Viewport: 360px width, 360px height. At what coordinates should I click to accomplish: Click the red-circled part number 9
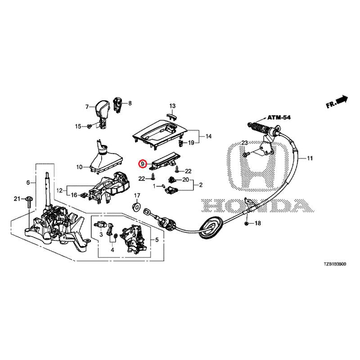143,164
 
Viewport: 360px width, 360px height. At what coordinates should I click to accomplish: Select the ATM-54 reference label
279,117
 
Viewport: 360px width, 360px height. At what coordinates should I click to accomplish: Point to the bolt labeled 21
29,202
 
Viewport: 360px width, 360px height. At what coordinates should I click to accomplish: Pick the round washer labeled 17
137,207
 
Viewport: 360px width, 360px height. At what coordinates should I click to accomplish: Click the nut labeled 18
246,223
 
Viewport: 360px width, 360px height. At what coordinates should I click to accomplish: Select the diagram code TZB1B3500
335,264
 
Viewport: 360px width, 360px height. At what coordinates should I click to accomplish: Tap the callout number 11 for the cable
310,158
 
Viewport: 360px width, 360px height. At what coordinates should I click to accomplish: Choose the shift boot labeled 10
106,158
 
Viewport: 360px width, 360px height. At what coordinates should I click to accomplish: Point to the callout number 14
208,136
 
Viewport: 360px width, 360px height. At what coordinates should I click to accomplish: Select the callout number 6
28,183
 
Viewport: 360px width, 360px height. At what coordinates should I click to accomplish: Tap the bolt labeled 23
245,155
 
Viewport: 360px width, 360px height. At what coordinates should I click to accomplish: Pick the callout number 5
157,240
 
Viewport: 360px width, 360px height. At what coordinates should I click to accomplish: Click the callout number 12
59,190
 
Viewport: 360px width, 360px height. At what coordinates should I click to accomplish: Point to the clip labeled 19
181,143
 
